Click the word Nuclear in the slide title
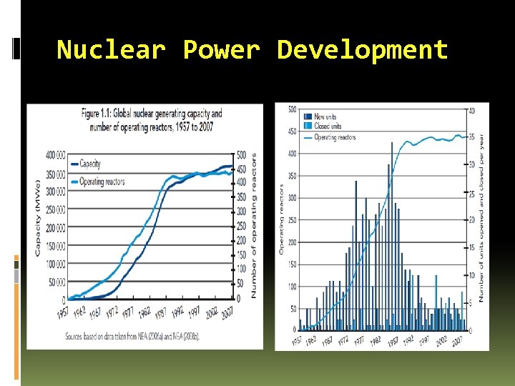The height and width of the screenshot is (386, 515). point(111,50)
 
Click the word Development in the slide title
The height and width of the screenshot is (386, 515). point(363,50)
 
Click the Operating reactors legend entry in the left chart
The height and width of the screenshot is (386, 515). point(102,182)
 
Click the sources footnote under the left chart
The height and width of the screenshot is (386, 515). point(132,335)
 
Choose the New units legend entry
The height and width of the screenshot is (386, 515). point(323,117)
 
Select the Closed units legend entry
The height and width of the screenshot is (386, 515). point(325,127)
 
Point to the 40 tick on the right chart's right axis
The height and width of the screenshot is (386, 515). point(471,110)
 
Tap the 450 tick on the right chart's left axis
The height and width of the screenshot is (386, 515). point(293,132)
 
